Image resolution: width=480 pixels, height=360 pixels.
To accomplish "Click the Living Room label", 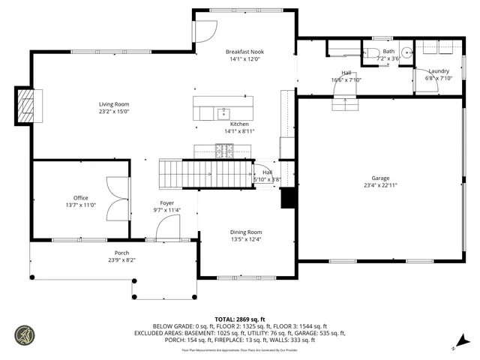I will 114,104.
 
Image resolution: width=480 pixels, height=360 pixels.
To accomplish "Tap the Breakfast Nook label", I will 245,52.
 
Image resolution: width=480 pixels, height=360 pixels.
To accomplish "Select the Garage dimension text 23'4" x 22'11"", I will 380,185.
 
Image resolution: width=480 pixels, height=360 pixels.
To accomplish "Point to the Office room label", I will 80,198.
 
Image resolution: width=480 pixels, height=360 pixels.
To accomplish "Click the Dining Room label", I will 245,232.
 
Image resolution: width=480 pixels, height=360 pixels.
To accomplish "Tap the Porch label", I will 121,253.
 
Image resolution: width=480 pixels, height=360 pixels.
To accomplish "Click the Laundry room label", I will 438,70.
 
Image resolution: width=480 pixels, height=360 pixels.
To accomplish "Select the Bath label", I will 388,51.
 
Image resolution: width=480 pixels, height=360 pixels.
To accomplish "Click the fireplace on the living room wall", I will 25,105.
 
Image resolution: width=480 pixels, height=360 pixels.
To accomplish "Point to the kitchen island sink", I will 223,112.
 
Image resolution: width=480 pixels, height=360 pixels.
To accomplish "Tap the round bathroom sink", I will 406,52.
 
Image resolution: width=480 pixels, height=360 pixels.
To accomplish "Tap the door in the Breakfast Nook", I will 204,31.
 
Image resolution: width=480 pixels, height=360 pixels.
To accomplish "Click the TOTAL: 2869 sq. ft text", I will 239,319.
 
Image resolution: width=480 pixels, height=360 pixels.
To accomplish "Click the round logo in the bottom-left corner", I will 24,334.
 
